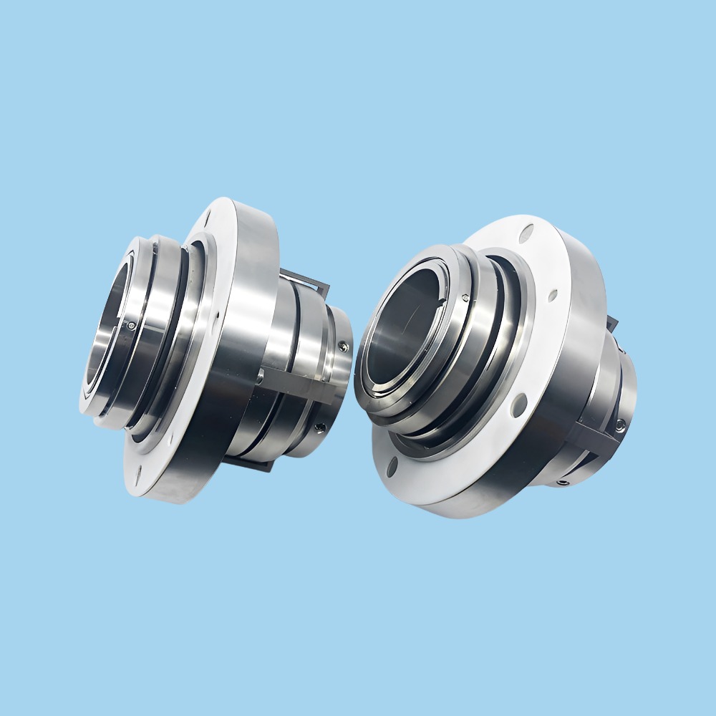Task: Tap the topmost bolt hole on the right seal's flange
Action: (x=528, y=232)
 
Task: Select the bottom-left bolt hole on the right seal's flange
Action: (x=392, y=467)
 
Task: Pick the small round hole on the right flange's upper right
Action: (x=553, y=294)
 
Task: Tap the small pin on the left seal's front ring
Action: (x=131, y=326)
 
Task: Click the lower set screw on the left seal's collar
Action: (x=320, y=427)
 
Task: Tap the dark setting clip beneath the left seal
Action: (x=258, y=465)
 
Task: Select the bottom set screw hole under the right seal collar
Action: (x=565, y=483)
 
